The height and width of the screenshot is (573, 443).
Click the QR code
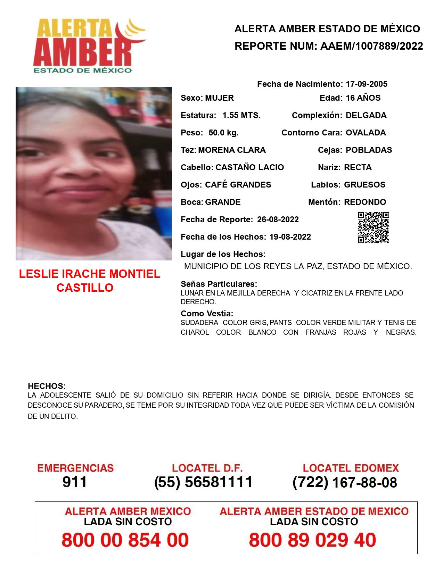(x=373, y=227)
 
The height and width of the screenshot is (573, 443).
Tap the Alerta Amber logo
(x=89, y=45)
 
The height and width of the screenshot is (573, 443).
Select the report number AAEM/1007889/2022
(x=371, y=46)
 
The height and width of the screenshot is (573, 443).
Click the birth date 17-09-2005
(x=366, y=84)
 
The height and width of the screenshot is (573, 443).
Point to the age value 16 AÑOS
(x=363, y=98)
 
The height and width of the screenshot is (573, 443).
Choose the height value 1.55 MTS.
(x=241, y=115)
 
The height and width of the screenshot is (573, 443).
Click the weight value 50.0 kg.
(x=223, y=133)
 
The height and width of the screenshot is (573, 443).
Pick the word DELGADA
(x=366, y=115)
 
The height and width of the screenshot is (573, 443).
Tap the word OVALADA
(x=366, y=133)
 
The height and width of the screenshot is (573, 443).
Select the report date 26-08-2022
(x=278, y=219)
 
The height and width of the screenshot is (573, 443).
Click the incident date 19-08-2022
(x=290, y=237)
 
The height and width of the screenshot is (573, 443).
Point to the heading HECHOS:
(x=47, y=386)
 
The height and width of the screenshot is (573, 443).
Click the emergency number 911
(x=75, y=482)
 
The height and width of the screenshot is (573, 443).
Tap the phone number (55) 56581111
(x=203, y=482)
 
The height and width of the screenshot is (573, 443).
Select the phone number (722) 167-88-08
(x=345, y=482)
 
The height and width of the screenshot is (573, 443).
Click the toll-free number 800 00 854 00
(x=125, y=540)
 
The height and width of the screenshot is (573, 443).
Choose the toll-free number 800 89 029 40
(x=312, y=540)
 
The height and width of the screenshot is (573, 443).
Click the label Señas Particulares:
(x=219, y=284)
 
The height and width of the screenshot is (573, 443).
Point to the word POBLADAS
(x=369, y=150)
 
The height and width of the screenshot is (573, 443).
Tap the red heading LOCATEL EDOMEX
(x=351, y=468)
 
